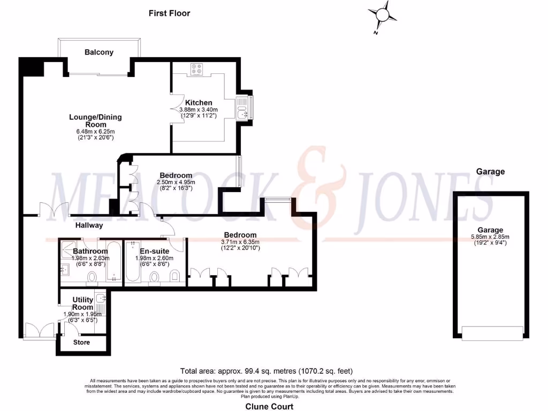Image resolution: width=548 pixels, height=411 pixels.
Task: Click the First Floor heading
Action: [x=169, y=13]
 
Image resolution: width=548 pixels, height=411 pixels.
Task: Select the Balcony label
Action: [x=99, y=52]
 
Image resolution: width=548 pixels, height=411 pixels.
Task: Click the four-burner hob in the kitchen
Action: [x=196, y=68]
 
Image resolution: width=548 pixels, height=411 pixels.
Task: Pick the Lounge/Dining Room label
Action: [x=95, y=121]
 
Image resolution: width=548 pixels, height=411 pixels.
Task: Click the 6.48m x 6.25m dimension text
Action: [x=95, y=132]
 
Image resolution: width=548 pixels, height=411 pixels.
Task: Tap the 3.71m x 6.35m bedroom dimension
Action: [x=240, y=241]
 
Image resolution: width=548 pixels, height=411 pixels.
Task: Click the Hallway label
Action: [x=89, y=225]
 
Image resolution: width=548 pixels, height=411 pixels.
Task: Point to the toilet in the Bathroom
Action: [x=92, y=277]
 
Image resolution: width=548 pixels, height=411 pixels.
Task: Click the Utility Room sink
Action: [x=101, y=298]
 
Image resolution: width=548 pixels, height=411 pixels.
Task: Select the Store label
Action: [x=81, y=342]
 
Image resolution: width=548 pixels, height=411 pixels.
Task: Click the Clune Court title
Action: [x=269, y=407]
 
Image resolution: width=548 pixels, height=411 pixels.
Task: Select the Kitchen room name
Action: [x=199, y=103]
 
